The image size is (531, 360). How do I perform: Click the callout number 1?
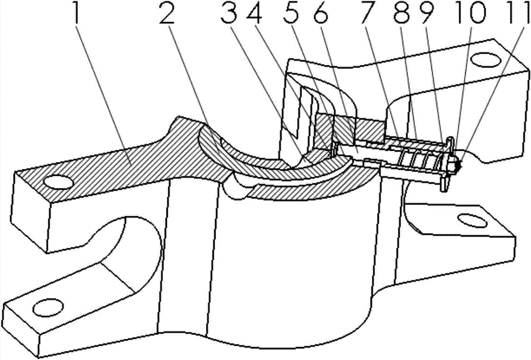(x=78, y=13)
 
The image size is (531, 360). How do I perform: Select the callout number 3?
(x=228, y=13)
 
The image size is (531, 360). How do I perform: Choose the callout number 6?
(x=319, y=13)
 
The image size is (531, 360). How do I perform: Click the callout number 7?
(x=368, y=13)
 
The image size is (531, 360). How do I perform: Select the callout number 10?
(x=468, y=13)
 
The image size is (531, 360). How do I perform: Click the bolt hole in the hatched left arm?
(x=57, y=182)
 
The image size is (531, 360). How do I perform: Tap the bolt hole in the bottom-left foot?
(x=48, y=307)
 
